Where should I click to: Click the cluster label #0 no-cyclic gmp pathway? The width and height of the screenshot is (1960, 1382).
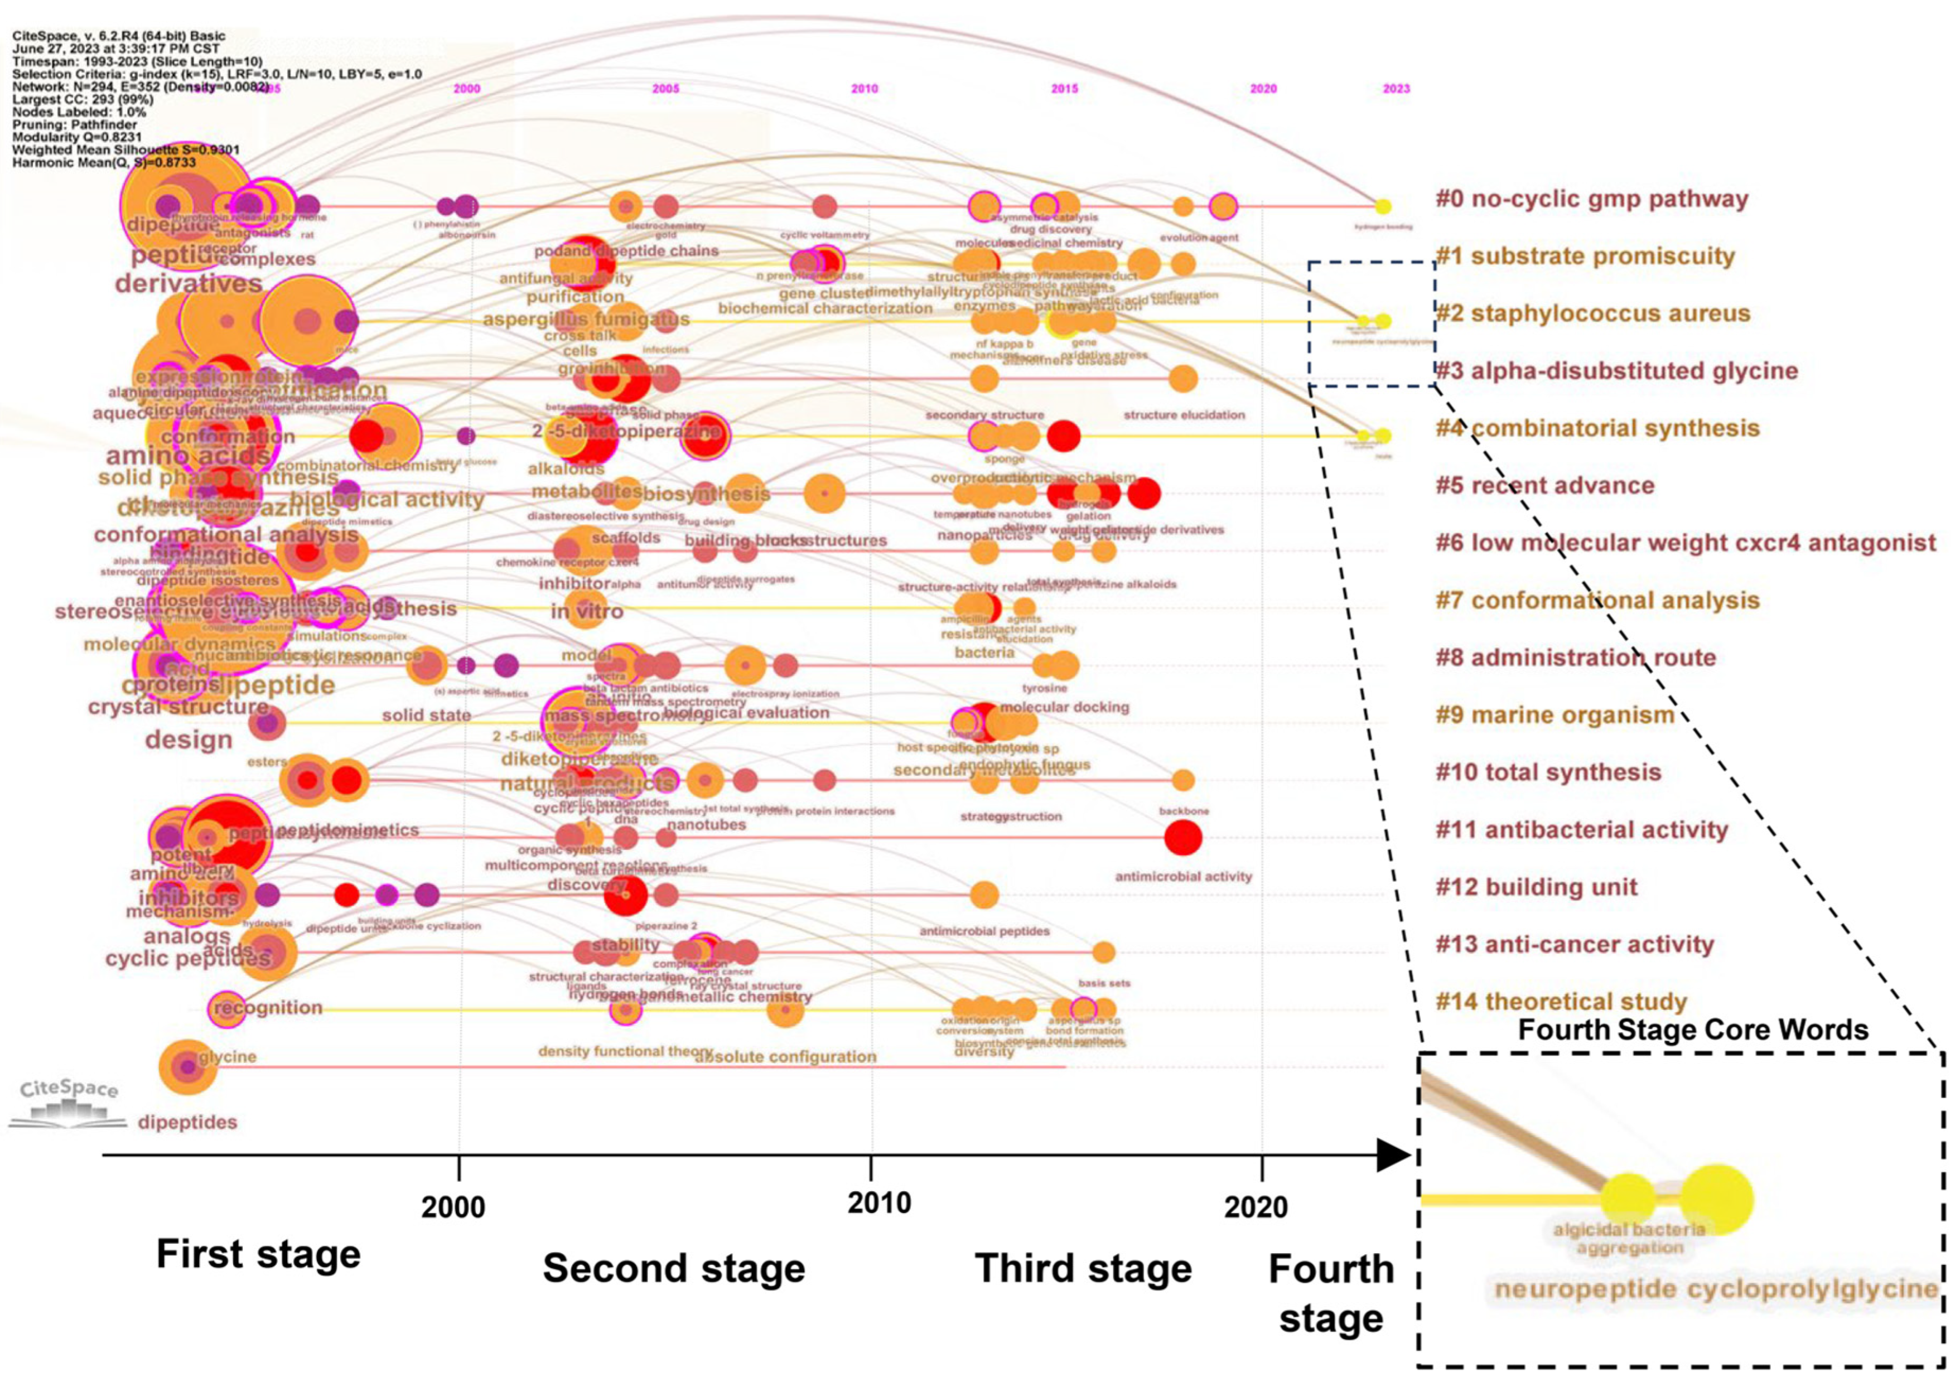tap(1591, 199)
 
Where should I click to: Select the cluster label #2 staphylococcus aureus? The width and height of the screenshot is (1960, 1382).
tap(1593, 313)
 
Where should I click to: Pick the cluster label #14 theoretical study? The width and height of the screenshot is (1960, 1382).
tap(1561, 1001)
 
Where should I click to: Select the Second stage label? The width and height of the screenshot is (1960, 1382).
tap(674, 1268)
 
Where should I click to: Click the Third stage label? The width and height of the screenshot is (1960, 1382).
tap(1083, 1268)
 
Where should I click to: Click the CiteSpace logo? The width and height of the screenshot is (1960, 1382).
tap(68, 1101)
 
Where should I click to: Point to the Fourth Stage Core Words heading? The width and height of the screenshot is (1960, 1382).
tap(1693, 1030)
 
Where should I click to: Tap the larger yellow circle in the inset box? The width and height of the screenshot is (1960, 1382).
tap(1717, 1199)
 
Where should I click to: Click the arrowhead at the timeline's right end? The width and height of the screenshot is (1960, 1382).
tap(1393, 1156)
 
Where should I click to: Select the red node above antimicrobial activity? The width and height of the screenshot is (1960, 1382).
tap(1182, 837)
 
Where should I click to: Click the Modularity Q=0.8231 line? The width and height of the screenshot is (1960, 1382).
tap(77, 137)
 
